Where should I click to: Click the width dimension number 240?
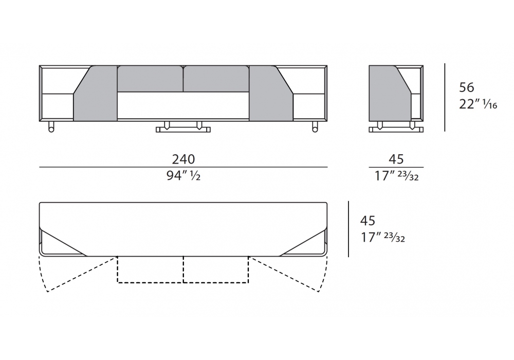pyautogui.click(x=183, y=159)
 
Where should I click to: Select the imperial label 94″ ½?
pyautogui.click(x=183, y=176)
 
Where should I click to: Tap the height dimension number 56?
pyautogui.click(x=467, y=87)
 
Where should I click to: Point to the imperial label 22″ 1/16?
pyautogui.click(x=478, y=104)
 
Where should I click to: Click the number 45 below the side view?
pyautogui.click(x=396, y=159)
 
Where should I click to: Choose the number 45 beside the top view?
pyautogui.click(x=368, y=221)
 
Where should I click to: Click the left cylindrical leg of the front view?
pyautogui.click(x=51, y=127)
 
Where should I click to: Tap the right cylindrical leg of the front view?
pyautogui.click(x=315, y=127)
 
